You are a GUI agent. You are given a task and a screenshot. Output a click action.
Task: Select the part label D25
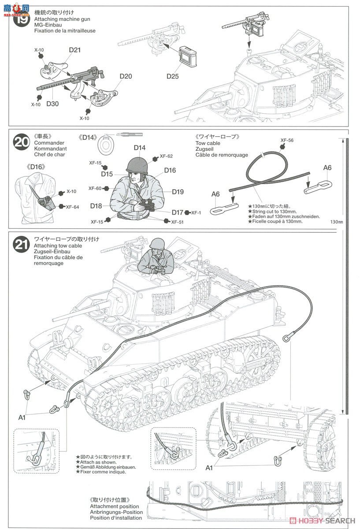(x=172, y=76)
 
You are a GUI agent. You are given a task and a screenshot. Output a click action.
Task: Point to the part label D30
(x=52, y=104)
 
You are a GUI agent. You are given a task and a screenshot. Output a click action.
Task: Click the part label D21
(x=74, y=50)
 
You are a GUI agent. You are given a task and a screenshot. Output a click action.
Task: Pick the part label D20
(x=126, y=76)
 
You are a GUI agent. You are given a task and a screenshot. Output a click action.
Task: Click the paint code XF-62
(x=166, y=156)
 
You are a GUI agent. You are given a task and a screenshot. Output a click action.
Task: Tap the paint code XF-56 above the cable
(x=286, y=140)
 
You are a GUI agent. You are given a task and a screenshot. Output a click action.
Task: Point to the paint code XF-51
(x=177, y=222)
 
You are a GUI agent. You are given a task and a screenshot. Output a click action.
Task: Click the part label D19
(x=178, y=192)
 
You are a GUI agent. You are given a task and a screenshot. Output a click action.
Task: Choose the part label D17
(x=177, y=212)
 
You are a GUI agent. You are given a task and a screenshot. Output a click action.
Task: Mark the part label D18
(x=96, y=206)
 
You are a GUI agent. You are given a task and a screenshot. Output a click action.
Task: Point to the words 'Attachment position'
(x=114, y=507)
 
